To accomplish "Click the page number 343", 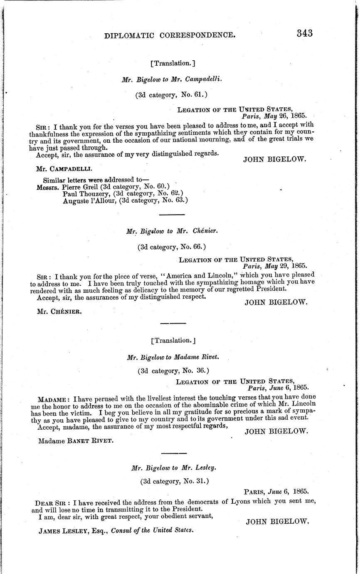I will [305, 33].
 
